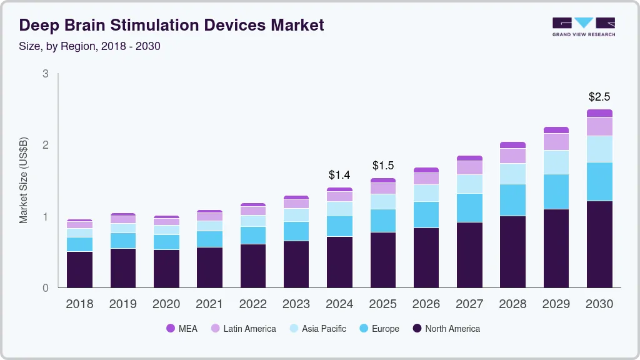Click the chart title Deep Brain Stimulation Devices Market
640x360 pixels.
tap(172, 26)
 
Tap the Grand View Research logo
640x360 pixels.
tap(583, 27)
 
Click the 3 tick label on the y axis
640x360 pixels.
tap(46, 74)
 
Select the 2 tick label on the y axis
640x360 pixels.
tap(46, 145)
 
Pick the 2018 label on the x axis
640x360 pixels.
tap(79, 304)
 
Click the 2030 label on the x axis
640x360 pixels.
tap(599, 304)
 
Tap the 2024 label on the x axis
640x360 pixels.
tap(339, 304)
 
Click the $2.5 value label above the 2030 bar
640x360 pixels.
tap(599, 97)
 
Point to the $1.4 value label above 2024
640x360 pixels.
tap(339, 174)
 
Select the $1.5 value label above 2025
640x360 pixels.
tap(382, 166)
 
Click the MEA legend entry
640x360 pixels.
tap(182, 329)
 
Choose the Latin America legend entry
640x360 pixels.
tap(243, 329)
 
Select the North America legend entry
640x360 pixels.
tap(446, 329)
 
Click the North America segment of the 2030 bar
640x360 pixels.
tap(599, 244)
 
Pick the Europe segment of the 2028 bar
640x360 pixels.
tap(512, 200)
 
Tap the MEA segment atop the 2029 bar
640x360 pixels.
tap(556, 130)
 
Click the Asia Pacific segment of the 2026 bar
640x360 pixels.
tap(426, 193)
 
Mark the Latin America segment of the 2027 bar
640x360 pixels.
tap(469, 167)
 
